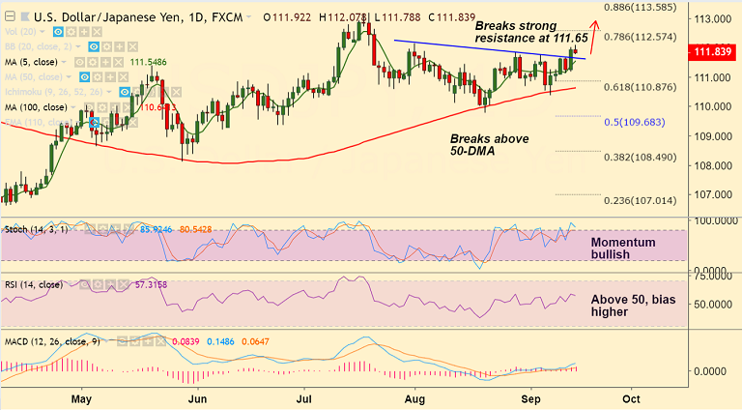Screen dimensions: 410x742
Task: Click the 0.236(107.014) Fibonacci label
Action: click(642, 202)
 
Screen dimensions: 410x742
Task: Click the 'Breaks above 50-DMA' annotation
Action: click(490, 146)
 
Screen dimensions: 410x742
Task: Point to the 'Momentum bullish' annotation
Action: click(624, 248)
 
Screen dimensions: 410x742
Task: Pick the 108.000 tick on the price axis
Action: click(712, 165)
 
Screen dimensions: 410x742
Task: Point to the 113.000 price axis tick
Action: click(712, 18)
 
